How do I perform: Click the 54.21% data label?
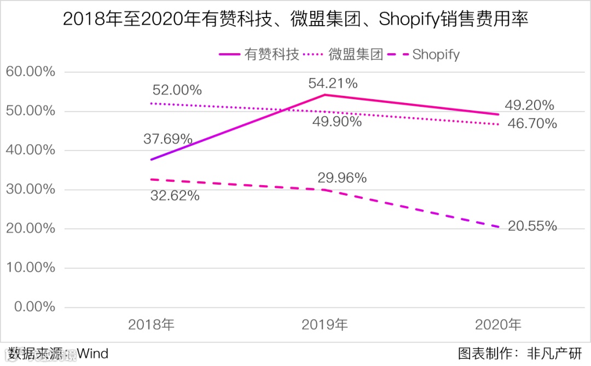[333, 83]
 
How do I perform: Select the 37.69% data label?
[168, 139]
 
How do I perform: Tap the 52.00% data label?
[177, 90]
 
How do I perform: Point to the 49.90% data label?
[337, 122]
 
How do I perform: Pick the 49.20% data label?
[530, 105]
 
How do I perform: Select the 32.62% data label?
[175, 195]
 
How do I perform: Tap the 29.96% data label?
[342, 178]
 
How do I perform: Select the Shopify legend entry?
[436, 54]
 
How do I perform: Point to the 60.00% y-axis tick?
[30, 72]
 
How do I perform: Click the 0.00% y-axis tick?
[33, 307]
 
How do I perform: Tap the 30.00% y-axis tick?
[30, 190]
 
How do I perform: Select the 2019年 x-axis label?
[325, 325]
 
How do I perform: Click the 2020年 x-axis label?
[498, 325]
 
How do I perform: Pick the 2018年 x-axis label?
[151, 325]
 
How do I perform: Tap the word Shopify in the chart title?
[408, 20]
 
